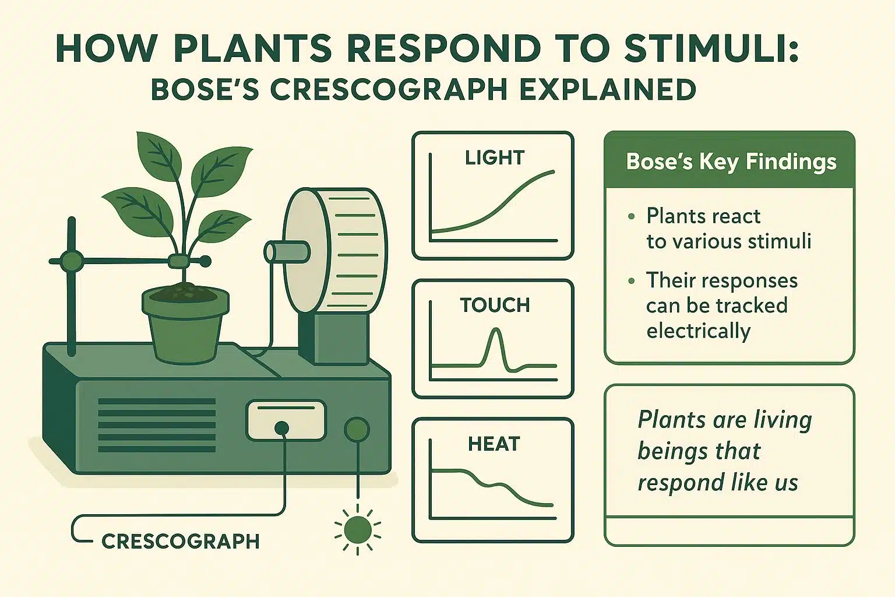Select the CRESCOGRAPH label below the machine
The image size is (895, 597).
[x=180, y=541]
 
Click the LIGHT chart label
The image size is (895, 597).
[x=494, y=157]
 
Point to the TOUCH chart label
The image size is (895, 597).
[x=495, y=305]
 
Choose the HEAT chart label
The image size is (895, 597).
[x=493, y=444]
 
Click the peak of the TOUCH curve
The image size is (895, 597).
[x=495, y=331]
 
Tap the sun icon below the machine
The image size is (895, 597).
[x=357, y=529]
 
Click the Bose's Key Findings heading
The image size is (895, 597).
[x=731, y=161]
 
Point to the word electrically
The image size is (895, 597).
[x=698, y=331]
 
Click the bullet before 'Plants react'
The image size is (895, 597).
[x=631, y=217]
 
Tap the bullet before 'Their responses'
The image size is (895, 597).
[x=631, y=281]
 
